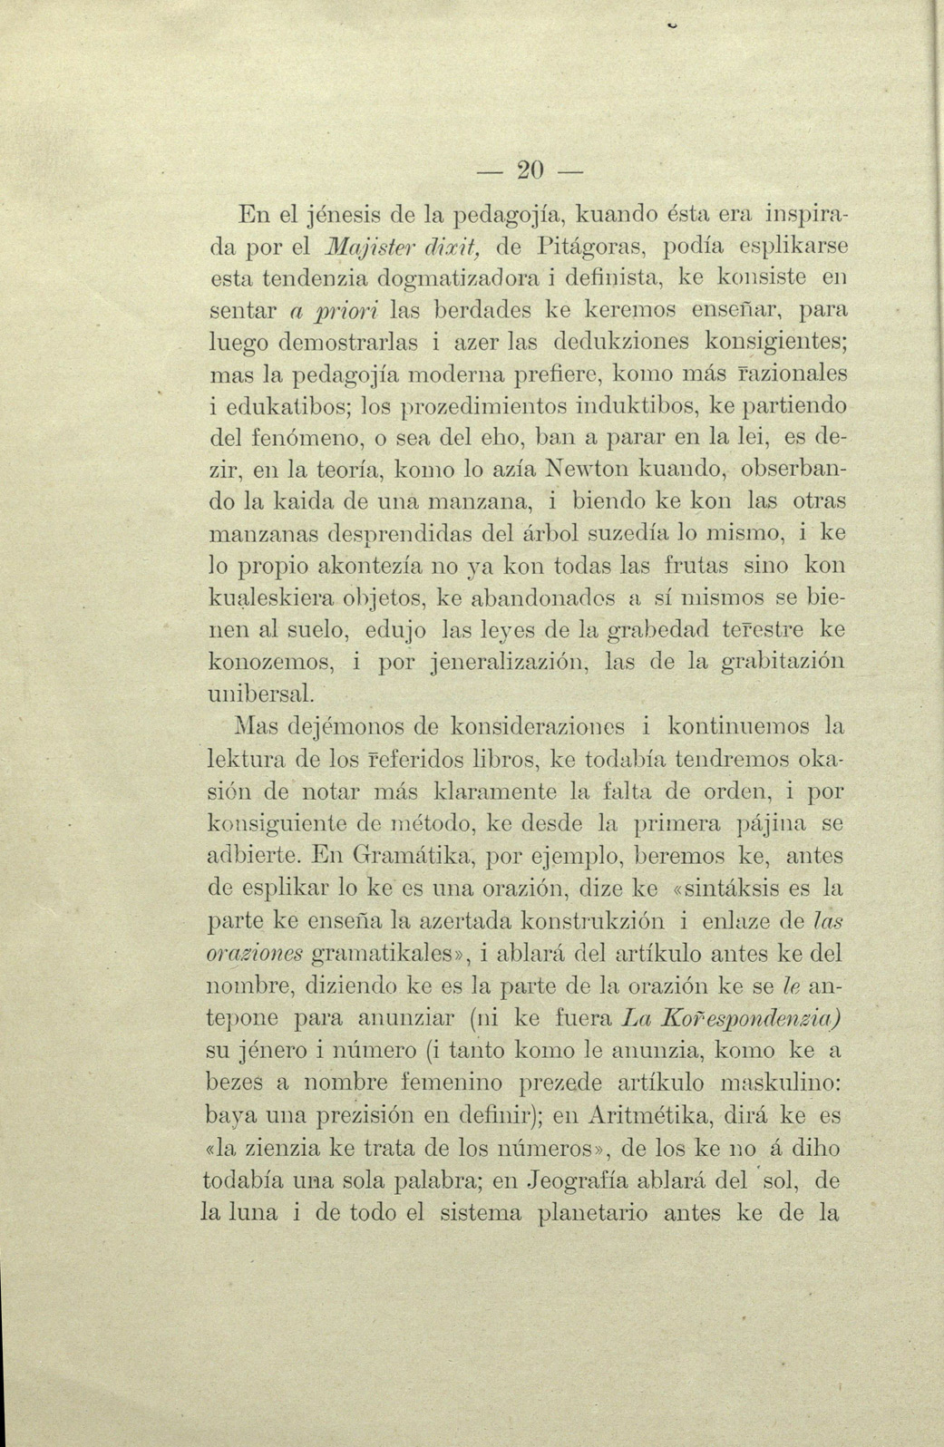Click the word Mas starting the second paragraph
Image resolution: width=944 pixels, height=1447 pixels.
click(x=258, y=727)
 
